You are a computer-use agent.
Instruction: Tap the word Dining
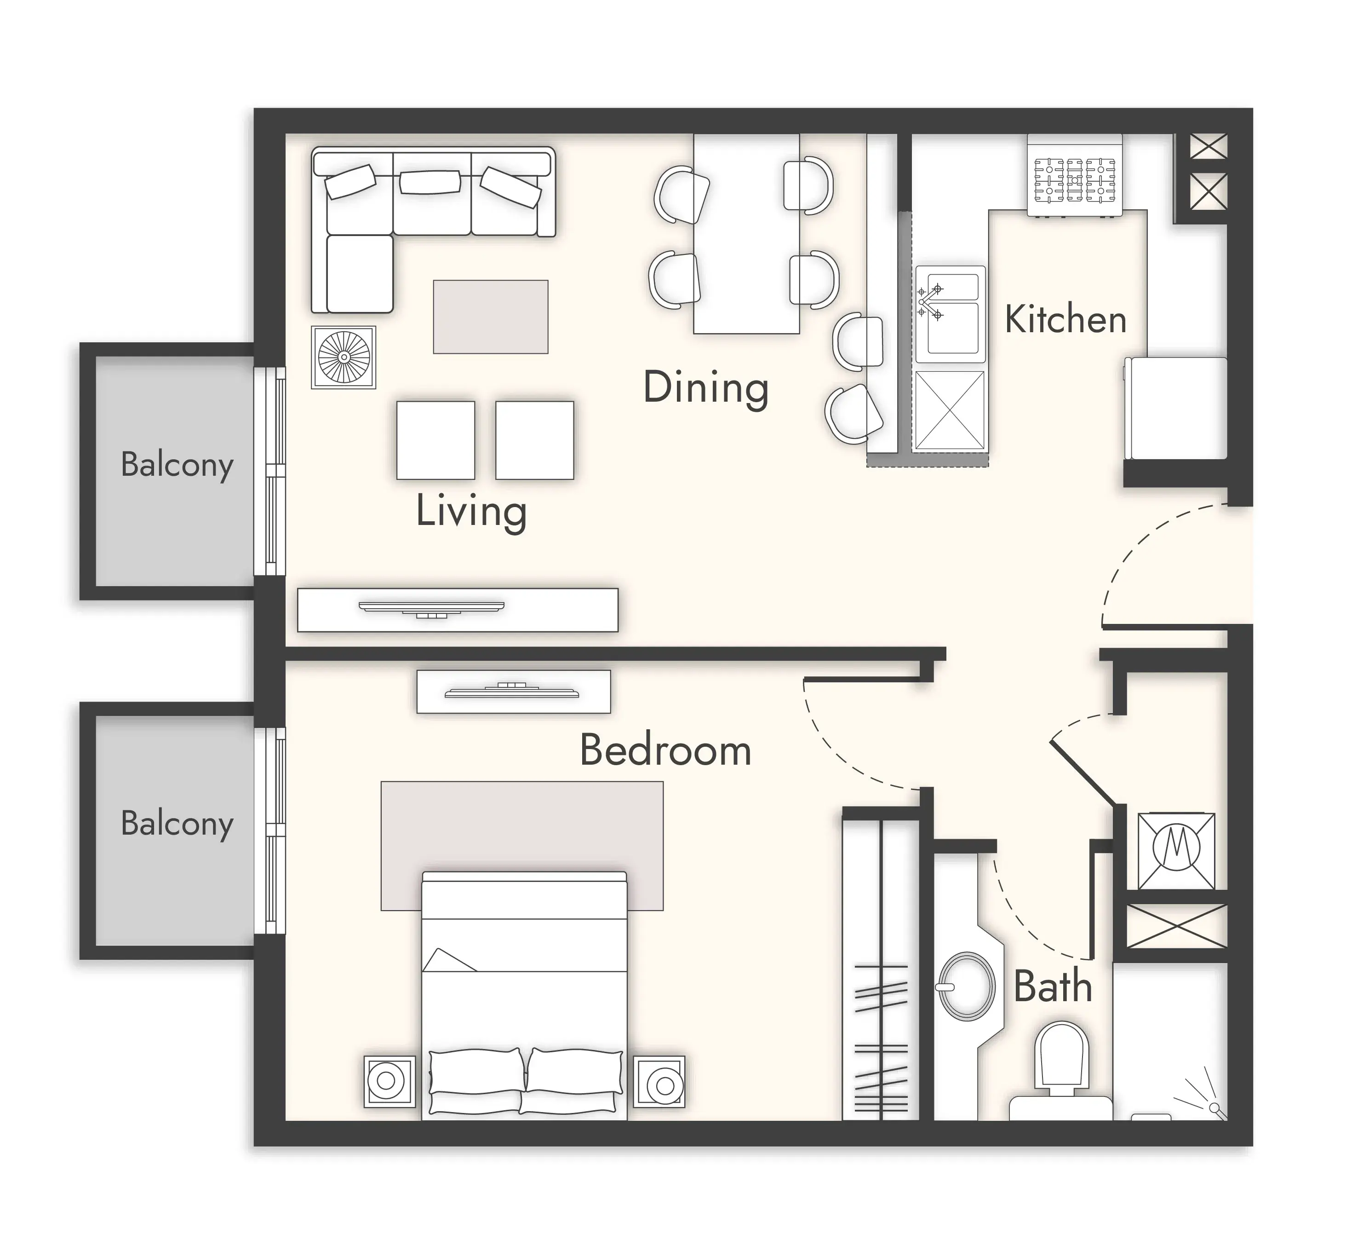[706, 388]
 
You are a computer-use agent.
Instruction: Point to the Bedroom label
[665, 750]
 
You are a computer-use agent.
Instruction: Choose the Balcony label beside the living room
[178, 465]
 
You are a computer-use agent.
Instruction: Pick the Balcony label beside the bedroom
[178, 824]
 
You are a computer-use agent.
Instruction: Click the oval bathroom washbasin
[966, 986]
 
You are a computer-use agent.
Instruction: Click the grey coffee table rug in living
[491, 317]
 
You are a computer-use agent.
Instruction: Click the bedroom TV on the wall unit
[512, 692]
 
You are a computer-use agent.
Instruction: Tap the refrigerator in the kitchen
[1176, 408]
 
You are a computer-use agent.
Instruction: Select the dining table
[746, 233]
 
